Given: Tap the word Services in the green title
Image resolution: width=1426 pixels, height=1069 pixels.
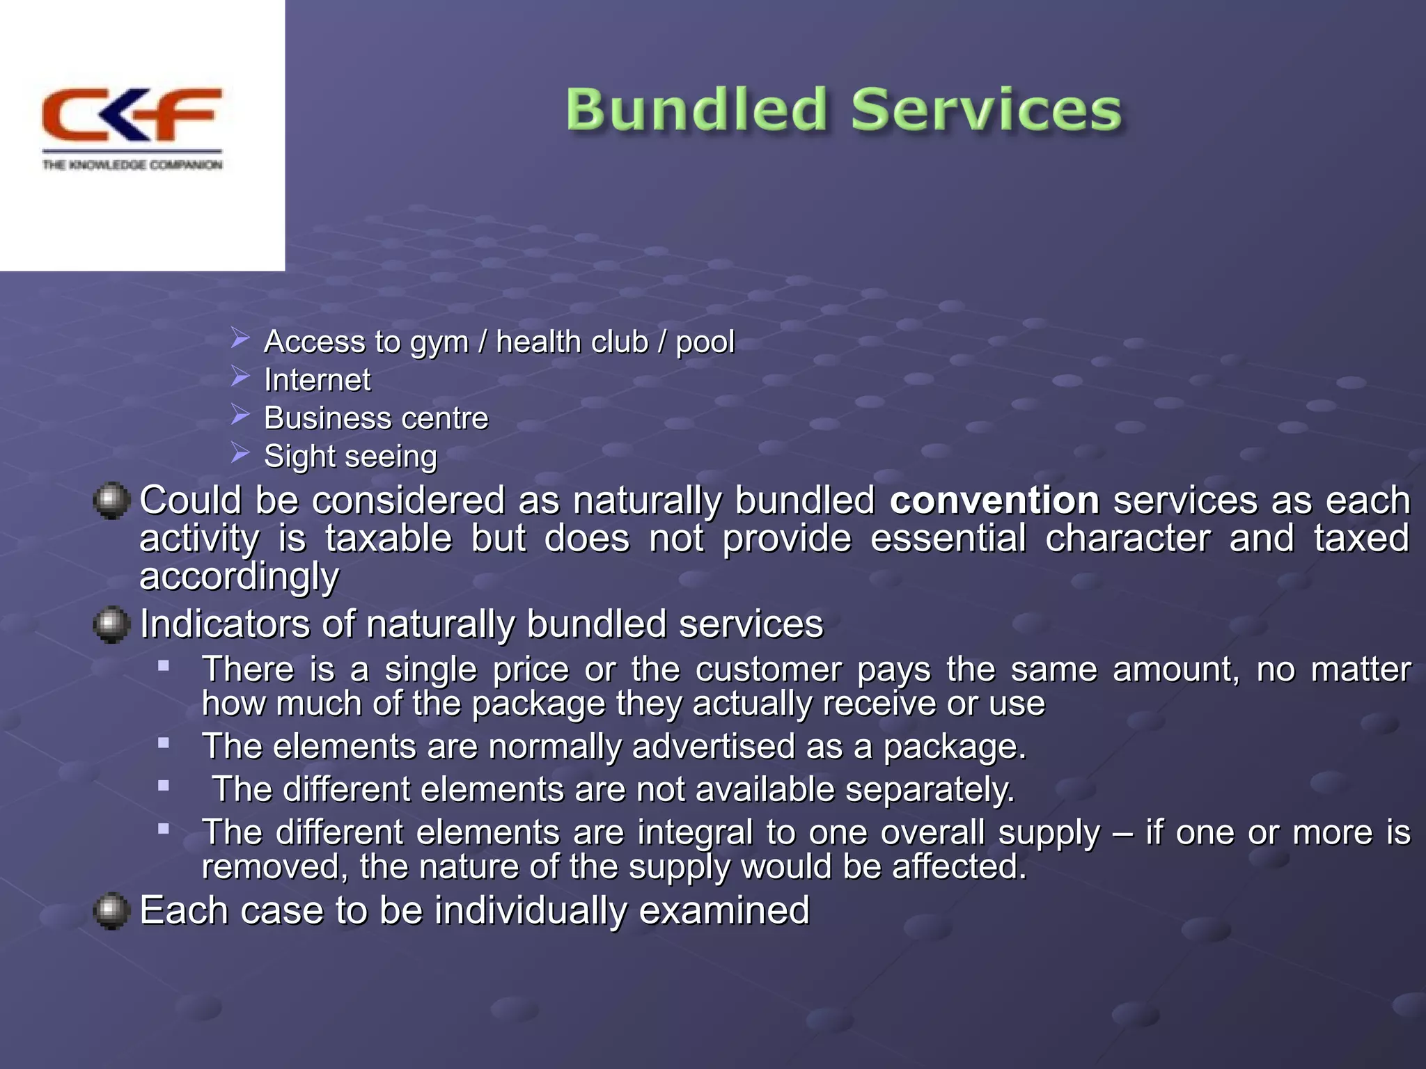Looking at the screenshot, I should [x=986, y=110].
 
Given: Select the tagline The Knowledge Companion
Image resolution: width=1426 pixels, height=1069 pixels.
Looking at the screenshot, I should [x=132, y=165].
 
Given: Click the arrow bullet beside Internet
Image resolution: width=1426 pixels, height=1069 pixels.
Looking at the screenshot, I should [x=241, y=377].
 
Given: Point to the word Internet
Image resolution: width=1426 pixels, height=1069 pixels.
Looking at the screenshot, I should [x=318, y=380].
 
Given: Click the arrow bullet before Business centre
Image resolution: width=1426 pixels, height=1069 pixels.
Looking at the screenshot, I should [x=241, y=415].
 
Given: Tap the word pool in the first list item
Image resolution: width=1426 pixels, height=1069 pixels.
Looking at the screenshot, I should [x=705, y=342].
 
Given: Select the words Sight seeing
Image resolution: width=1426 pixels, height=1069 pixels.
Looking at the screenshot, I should [x=350, y=457].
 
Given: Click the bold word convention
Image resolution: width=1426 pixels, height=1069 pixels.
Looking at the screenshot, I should [x=994, y=500].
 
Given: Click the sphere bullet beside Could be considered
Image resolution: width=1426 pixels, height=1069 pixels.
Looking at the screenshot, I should [x=111, y=501].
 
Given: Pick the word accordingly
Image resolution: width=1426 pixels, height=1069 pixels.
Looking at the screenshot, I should [x=240, y=576].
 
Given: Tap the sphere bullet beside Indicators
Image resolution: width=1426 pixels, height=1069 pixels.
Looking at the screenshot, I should [x=111, y=624].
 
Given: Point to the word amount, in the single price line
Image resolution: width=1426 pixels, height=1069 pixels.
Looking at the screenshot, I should [x=1176, y=670].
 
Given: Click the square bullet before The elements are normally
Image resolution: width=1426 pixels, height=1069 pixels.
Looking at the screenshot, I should [x=164, y=743].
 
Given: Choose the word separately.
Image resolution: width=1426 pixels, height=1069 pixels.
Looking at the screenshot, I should [x=930, y=790].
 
